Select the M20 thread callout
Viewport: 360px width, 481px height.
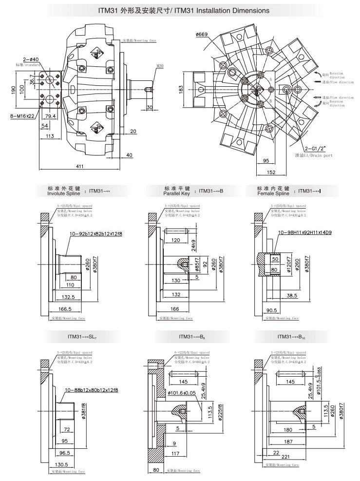coord(160,65)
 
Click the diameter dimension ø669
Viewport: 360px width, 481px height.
coord(202,34)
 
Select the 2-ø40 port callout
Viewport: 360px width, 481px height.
coord(31,59)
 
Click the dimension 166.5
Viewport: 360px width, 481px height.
coord(65,309)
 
